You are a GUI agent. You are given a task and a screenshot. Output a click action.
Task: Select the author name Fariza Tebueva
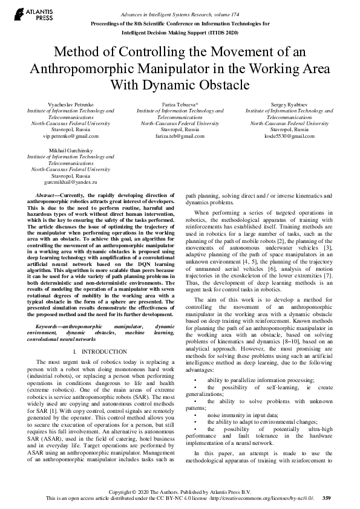point(180,105)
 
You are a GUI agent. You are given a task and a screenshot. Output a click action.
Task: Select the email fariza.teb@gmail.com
point(180,136)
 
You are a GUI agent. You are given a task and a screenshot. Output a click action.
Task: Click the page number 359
point(327,498)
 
